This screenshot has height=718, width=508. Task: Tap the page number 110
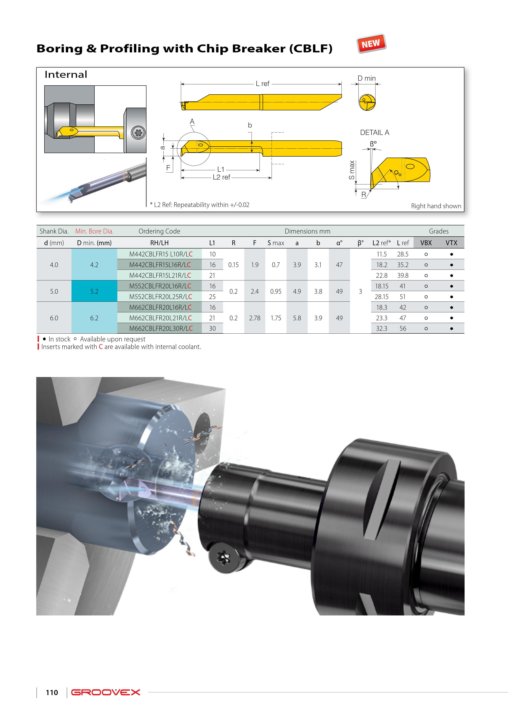pyautogui.click(x=52, y=692)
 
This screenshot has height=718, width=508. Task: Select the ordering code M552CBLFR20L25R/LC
pyautogui.click(x=161, y=296)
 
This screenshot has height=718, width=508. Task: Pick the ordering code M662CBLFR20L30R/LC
pyautogui.click(x=161, y=328)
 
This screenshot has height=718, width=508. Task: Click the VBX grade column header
pyautogui.click(x=426, y=243)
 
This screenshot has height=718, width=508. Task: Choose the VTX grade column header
pyautogui.click(x=451, y=243)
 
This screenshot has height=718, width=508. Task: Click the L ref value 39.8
pyautogui.click(x=403, y=275)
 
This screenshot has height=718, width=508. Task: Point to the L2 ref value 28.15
pyautogui.click(x=382, y=297)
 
